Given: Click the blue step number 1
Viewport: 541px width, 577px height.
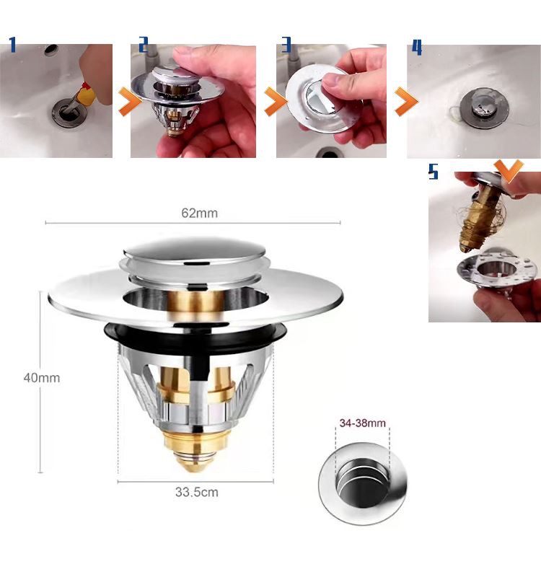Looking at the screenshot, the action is coord(13,45).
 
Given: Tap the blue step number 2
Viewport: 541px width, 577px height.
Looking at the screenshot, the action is coord(144,45).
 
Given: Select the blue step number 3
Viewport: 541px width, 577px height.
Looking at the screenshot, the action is coord(286,45).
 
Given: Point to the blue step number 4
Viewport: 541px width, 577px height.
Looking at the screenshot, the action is coord(417,47).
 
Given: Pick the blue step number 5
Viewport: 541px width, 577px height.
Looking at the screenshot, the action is coord(434,172).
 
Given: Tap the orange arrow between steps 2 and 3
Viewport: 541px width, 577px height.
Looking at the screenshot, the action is coord(276,102).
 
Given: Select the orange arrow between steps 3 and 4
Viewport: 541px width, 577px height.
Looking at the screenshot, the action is coord(406,102).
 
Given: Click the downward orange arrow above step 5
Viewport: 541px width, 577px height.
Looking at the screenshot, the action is coord(509,171).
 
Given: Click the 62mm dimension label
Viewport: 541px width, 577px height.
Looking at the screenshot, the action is coord(200,213).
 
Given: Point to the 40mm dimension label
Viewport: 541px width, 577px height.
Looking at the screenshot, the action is coord(42,377).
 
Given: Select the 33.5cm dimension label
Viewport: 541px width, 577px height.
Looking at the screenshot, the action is coord(196,492).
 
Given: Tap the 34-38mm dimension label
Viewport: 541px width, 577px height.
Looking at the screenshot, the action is coord(363,423).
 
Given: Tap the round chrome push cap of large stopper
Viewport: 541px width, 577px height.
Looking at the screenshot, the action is coord(194,250).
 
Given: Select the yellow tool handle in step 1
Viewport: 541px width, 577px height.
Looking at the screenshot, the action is coord(86,97).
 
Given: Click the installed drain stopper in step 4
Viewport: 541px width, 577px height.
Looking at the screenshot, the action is coord(483,107).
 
